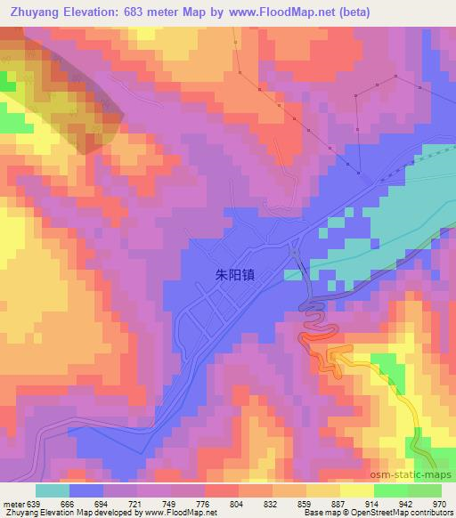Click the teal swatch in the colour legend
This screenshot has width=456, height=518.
coord(53,490)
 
